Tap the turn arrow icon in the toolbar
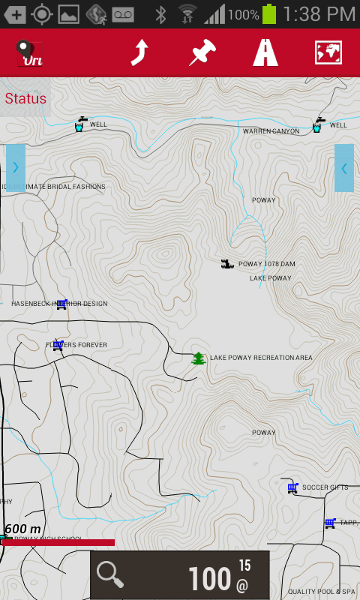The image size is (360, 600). click(x=139, y=52)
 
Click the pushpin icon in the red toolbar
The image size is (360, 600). click(x=202, y=52)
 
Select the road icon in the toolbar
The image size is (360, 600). click(x=265, y=52)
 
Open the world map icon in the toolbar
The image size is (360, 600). click(x=328, y=52)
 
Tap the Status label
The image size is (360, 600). click(x=25, y=98)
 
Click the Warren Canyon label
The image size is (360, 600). click(x=271, y=131)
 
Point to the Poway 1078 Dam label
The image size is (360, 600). click(x=266, y=264)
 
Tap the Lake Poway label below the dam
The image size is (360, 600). click(x=270, y=278)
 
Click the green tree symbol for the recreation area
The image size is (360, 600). click(x=198, y=358)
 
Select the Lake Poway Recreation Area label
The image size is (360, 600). click(x=261, y=358)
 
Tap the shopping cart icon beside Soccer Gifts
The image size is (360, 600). click(x=292, y=487)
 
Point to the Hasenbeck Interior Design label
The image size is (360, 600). click(x=60, y=304)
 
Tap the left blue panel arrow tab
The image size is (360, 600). click(x=16, y=168)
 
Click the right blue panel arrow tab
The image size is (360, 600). click(x=344, y=168)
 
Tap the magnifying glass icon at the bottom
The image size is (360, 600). click(x=110, y=575)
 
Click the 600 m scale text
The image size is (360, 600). click(x=22, y=529)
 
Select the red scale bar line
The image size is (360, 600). click(x=60, y=542)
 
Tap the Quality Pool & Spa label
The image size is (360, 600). click(x=321, y=592)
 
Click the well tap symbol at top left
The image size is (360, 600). click(x=79, y=124)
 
